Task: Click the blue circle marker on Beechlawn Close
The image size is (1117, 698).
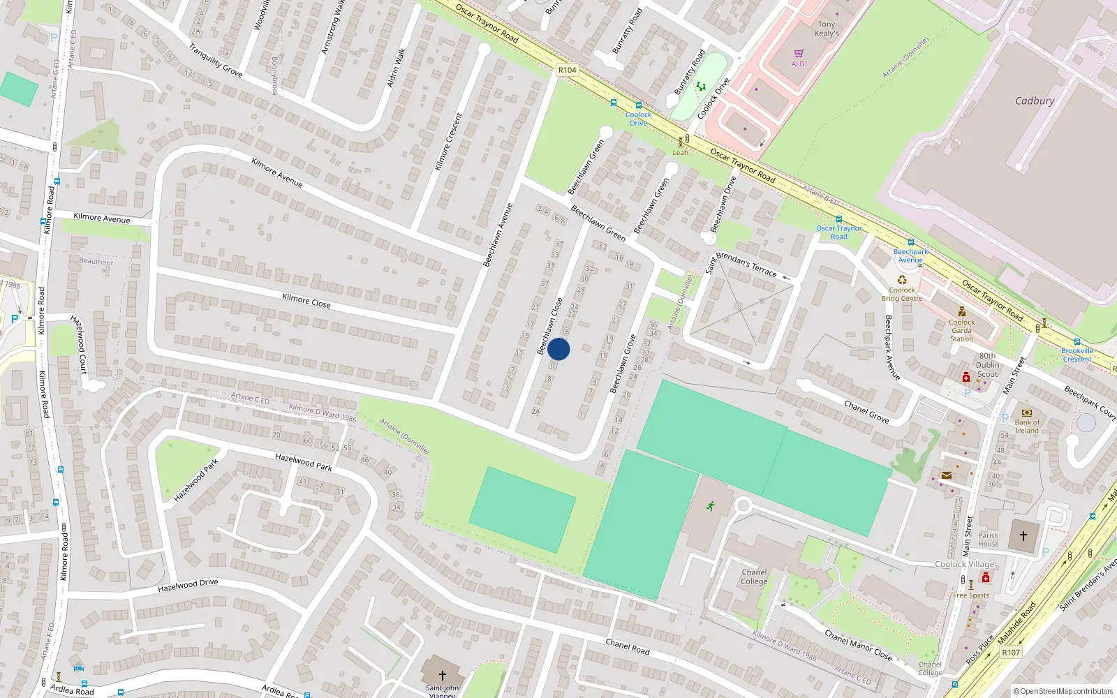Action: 558,349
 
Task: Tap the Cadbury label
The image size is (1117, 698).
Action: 1035,101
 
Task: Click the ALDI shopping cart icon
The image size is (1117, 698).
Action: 799,53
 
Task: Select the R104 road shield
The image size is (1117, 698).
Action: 568,70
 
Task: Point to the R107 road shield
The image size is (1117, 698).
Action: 1011,653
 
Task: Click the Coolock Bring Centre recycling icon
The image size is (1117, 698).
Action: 902,280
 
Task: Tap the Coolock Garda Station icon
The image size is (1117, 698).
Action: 962,312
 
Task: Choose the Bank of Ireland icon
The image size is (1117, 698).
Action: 1026,413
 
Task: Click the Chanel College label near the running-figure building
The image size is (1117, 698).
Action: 754,577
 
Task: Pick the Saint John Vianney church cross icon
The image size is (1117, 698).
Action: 442,675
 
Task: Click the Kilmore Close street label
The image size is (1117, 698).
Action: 306,301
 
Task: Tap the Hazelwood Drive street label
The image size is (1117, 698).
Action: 188,585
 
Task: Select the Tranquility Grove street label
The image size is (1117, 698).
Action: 216,60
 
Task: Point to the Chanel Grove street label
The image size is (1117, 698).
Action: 866,411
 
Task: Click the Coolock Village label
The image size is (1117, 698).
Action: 965,564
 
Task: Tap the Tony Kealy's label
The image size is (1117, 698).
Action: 827,29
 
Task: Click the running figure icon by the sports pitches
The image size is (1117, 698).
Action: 711,506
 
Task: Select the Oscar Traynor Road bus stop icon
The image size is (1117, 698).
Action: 839,220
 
